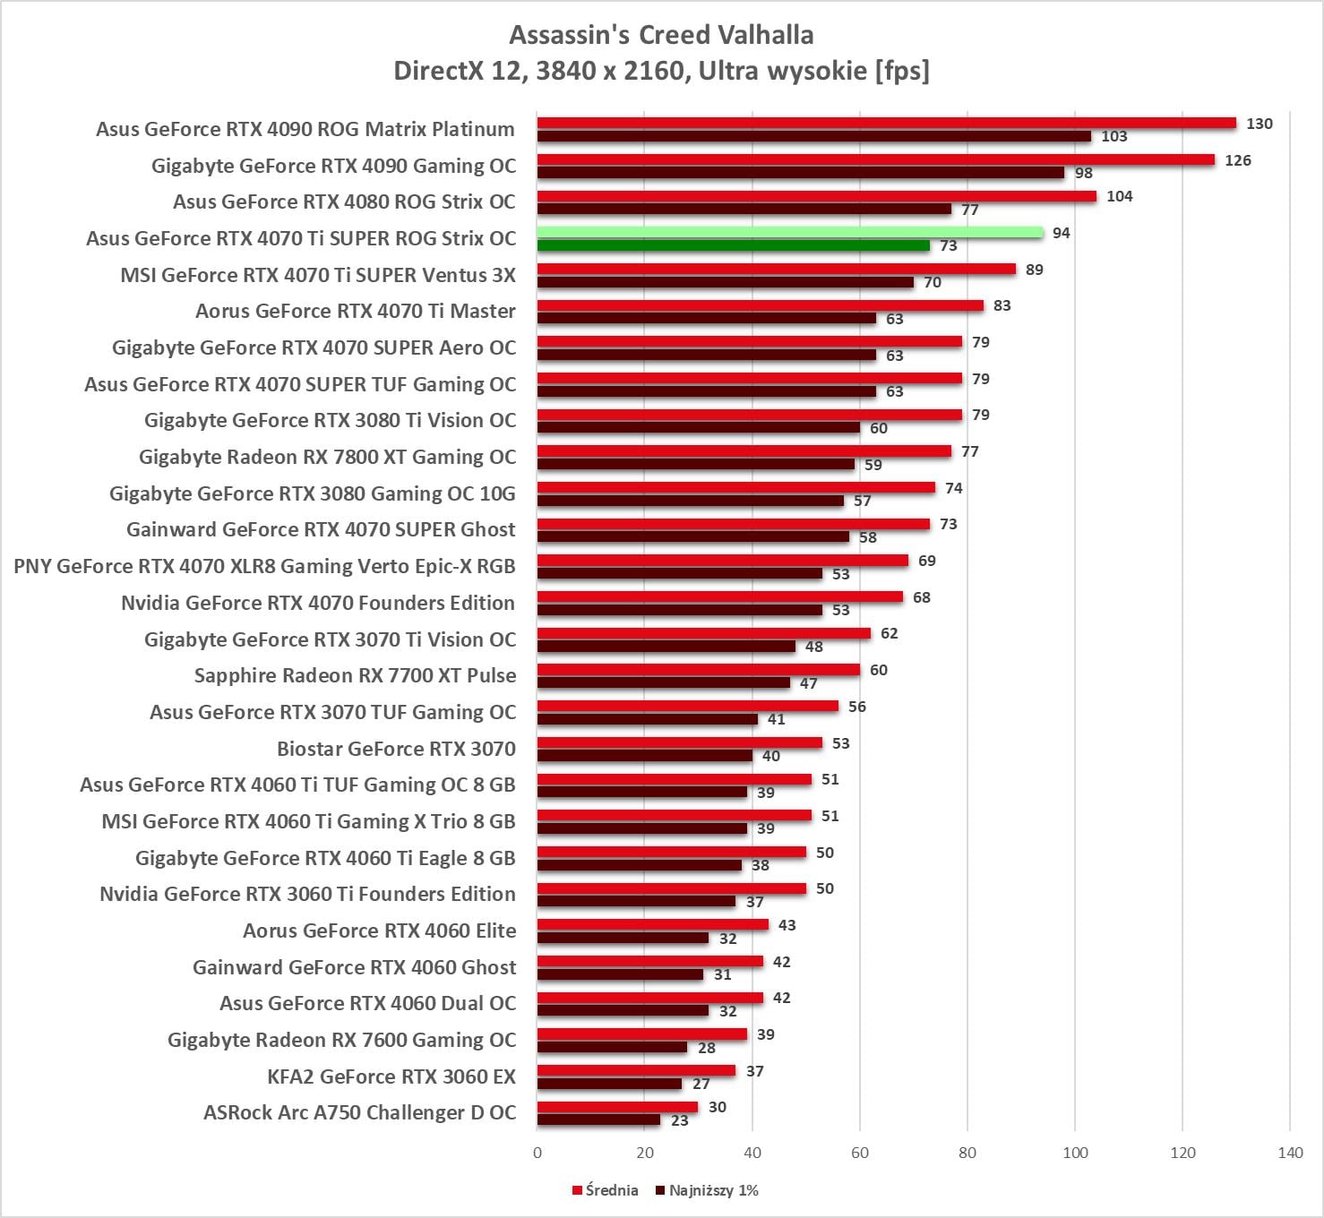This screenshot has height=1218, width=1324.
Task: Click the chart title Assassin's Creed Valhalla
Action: [x=661, y=35]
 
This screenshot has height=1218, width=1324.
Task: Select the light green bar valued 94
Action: [x=790, y=233]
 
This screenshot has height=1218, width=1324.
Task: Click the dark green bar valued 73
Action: [x=733, y=245]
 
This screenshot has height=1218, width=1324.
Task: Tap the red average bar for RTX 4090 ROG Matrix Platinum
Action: [x=886, y=124]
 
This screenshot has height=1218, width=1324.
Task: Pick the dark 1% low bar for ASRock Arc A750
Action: [x=598, y=1119]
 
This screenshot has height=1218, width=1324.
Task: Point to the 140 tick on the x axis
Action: [x=1290, y=1153]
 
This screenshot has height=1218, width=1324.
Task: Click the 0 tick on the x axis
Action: [x=537, y=1153]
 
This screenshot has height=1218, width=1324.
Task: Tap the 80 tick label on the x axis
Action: [x=967, y=1153]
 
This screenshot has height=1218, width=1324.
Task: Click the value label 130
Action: [x=1259, y=124]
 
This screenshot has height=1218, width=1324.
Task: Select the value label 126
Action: [x=1237, y=160]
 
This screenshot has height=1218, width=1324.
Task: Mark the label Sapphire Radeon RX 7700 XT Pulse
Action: [x=355, y=675]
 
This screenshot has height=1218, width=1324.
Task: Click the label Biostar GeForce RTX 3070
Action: [x=396, y=749]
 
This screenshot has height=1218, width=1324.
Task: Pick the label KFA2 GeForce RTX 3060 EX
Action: [x=391, y=1076]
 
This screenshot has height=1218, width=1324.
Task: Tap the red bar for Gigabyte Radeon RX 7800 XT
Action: [x=744, y=451]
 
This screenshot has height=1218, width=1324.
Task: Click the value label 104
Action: [x=1119, y=196]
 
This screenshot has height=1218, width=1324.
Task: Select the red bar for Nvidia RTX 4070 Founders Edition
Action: [x=719, y=597]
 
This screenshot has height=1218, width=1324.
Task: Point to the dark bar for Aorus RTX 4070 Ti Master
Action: [x=706, y=318]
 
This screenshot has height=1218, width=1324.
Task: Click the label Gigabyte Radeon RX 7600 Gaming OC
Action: [x=341, y=1040]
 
